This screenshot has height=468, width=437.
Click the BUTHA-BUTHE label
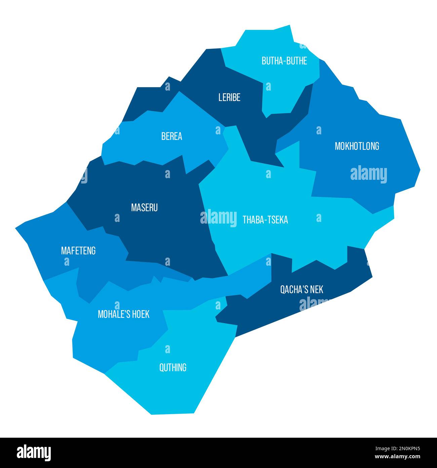[284, 61]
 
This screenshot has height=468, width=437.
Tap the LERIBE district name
[229, 98]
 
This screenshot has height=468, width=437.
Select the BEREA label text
[171, 136]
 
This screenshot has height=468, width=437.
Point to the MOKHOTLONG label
[357, 146]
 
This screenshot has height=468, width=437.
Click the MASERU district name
[144, 208]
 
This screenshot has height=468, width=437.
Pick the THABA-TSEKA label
[265, 220]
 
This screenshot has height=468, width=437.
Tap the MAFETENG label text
[78, 251]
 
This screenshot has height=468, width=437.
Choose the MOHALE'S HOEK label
[123, 314]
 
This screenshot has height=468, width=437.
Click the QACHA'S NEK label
[302, 290]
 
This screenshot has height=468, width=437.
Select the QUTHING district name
[173, 368]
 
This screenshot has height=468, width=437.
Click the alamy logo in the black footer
[34, 452]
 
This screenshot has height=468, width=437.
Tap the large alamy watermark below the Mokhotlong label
[368, 174]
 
